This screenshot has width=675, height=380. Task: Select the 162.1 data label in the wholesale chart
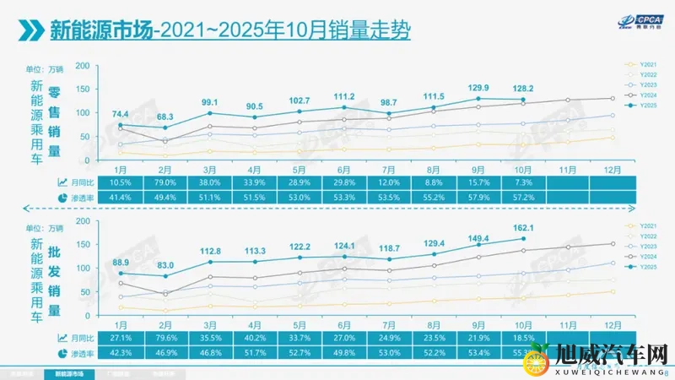(523, 227)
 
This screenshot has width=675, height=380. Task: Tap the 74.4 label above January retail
(120, 114)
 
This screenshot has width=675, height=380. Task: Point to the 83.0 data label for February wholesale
(165, 265)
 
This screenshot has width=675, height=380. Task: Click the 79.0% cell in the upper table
(165, 182)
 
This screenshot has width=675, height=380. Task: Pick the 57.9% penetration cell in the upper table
(478, 196)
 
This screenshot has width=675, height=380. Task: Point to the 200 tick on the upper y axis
(83, 66)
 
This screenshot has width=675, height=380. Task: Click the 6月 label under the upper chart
(343, 169)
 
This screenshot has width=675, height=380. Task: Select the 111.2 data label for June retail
(343, 96)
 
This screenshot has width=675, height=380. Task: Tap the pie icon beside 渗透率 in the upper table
(62, 197)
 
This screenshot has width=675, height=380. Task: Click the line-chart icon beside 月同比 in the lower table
(62, 338)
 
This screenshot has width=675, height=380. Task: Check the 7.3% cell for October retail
(523, 182)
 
